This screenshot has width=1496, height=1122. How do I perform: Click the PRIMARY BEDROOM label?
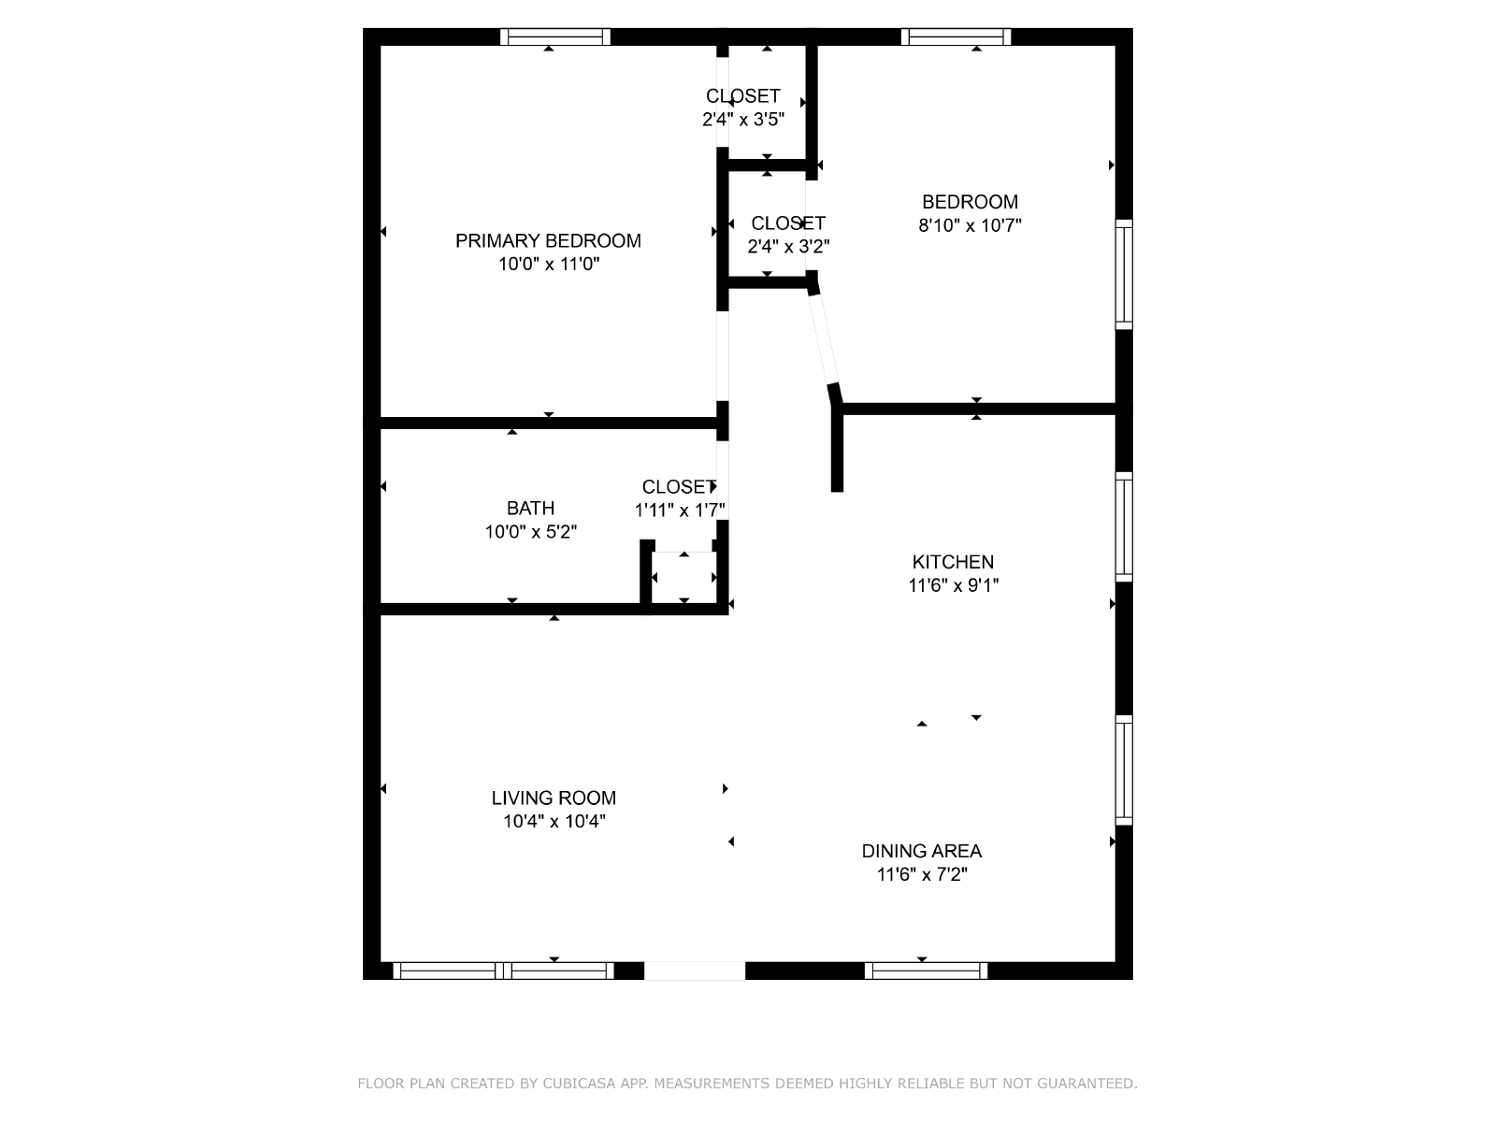click(548, 240)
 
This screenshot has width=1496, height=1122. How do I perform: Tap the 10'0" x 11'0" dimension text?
click(549, 264)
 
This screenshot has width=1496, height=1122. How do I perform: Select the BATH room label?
click(530, 509)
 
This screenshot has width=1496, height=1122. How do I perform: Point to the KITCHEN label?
click(953, 562)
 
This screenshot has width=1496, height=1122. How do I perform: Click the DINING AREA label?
click(922, 851)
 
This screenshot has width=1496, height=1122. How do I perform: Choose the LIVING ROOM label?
click(554, 798)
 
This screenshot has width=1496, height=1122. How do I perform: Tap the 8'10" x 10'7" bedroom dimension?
click(970, 224)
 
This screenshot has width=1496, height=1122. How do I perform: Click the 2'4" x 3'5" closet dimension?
click(743, 120)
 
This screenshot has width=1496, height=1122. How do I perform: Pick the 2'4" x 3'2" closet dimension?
click(788, 246)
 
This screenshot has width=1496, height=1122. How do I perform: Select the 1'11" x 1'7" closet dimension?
click(680, 510)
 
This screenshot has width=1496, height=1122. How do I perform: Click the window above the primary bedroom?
click(554, 36)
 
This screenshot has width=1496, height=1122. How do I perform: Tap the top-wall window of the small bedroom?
click(956, 36)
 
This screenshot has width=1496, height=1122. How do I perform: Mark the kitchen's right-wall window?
click(1124, 526)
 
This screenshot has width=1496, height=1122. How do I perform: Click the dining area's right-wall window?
click(1124, 770)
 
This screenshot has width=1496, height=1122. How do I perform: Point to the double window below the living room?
click(503, 971)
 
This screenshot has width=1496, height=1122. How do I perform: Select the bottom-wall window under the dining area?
click(926, 971)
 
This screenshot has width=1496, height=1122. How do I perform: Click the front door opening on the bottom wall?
click(695, 971)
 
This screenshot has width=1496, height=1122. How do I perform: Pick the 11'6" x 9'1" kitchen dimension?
click(953, 585)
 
